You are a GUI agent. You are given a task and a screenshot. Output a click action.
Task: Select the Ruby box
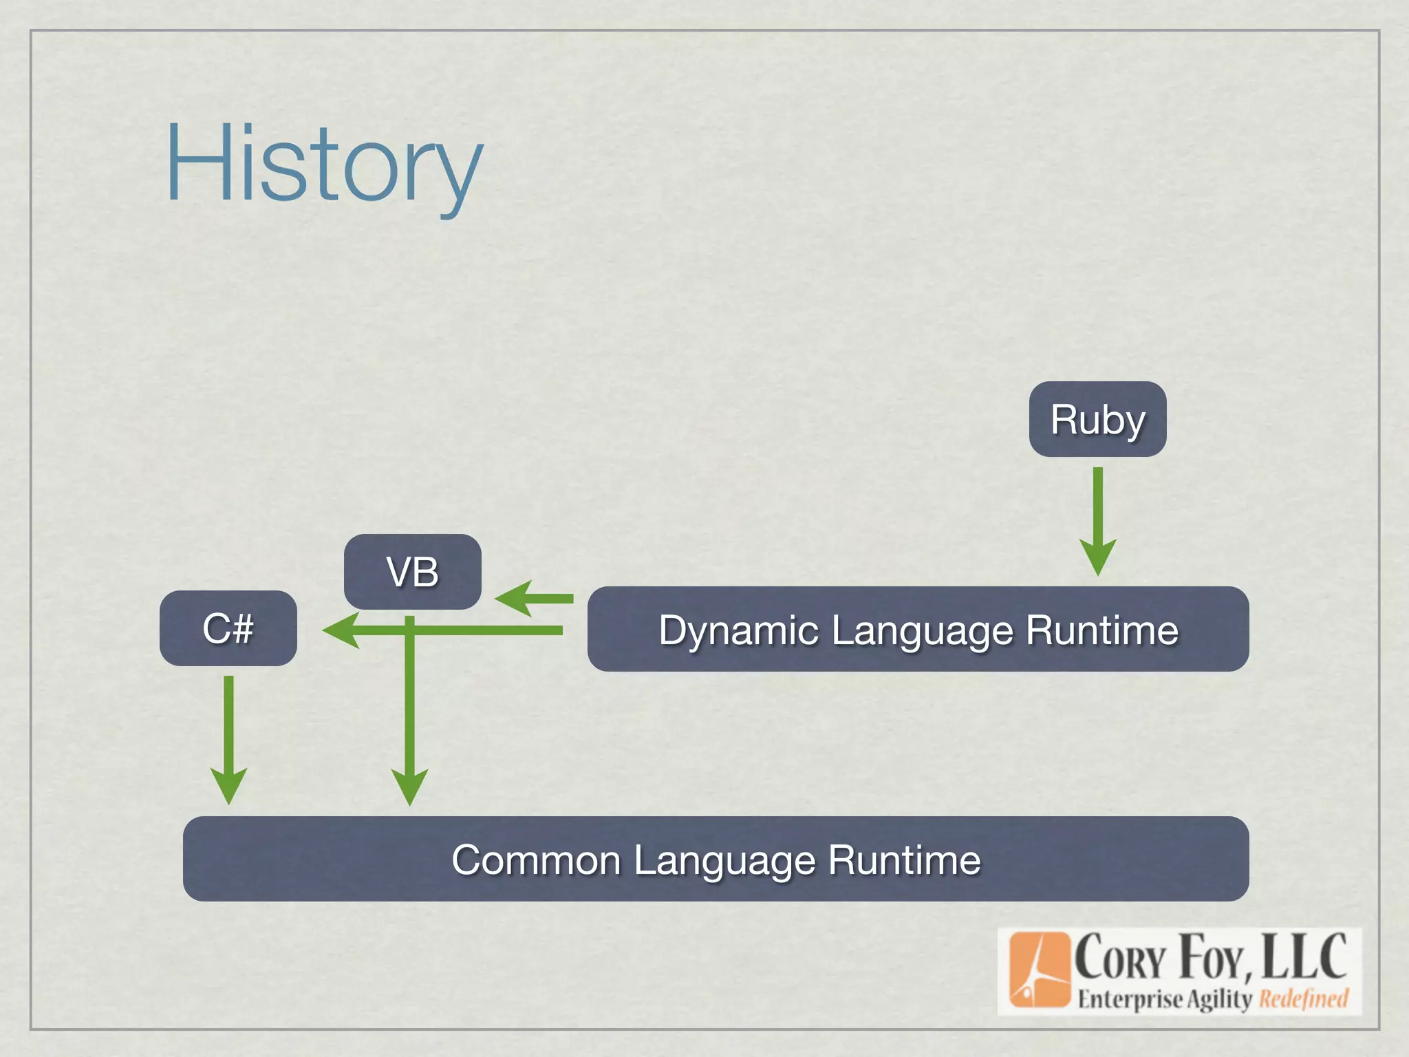coord(1097,419)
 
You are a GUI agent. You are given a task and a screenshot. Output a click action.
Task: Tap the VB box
coord(412,571)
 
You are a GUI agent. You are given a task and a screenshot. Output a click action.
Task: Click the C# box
coord(228,628)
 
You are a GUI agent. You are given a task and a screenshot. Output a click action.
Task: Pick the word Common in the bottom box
coord(536,860)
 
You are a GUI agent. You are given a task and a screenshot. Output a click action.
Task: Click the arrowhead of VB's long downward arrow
coord(409,787)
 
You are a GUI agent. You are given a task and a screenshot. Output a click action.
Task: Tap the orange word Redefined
coord(1303,999)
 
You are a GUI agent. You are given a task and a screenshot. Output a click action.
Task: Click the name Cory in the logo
coord(1120,958)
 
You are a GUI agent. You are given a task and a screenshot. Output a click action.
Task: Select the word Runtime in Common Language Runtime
coord(904,860)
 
